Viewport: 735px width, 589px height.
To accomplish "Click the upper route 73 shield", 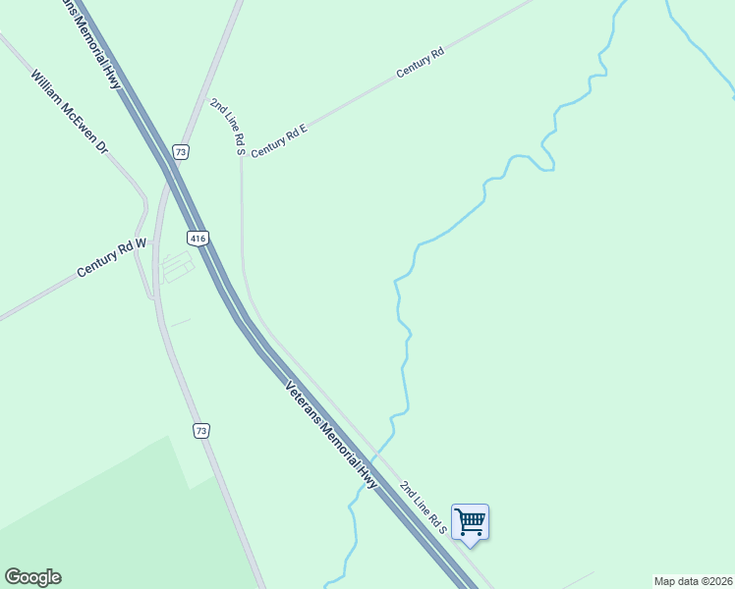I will click(180, 151).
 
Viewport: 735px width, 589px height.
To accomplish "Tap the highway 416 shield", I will click(198, 238).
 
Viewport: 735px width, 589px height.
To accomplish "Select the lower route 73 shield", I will click(201, 431).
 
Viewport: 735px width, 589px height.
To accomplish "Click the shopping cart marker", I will click(471, 521).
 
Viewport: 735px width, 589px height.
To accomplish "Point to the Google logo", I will click(32, 577).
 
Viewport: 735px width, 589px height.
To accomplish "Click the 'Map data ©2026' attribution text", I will click(693, 580).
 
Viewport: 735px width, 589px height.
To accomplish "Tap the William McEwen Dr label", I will click(69, 110).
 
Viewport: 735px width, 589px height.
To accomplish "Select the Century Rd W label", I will click(111, 259).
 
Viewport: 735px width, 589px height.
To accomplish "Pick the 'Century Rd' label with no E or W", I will click(421, 64).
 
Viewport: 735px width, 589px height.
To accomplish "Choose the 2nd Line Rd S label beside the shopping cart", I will click(424, 507).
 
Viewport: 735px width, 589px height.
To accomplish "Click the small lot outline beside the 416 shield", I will click(178, 266).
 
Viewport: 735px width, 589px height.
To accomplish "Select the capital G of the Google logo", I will click(13, 577).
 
